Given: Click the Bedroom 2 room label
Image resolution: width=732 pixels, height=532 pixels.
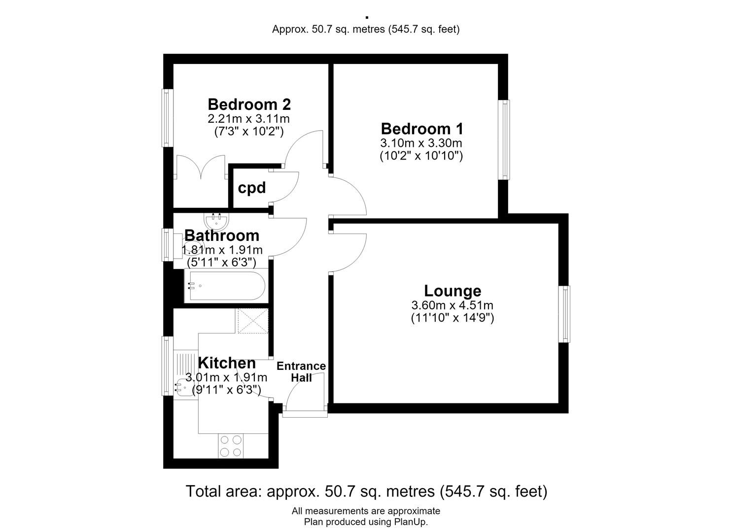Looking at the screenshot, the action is tap(249, 104).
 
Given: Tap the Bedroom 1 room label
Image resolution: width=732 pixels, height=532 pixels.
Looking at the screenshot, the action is tap(422, 129).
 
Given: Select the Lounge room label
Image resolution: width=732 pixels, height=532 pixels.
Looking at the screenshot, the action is tap(453, 291).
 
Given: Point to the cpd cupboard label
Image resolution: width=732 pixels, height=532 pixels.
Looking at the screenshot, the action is tap(251, 188).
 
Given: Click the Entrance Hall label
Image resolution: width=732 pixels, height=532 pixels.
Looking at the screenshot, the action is tap(301, 372).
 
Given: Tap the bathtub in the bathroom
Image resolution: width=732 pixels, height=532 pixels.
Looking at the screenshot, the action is tap(226, 286).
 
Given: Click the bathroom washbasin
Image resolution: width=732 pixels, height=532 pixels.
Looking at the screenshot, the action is tap(216, 221).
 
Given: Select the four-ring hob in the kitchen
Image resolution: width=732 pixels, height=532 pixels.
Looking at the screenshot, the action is tap(231, 446).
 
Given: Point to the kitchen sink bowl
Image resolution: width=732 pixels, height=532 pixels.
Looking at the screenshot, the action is tap(185, 388).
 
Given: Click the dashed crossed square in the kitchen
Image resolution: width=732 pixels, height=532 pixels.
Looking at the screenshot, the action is tap(253, 321).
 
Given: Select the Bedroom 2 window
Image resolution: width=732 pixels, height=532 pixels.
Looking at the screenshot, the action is tap(167, 118).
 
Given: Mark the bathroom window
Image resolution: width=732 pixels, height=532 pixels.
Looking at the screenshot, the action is tap(167, 245).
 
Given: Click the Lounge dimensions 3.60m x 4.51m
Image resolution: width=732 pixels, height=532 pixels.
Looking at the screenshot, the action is tap(453, 305).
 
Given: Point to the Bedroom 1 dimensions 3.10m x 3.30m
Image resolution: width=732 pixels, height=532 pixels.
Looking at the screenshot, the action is tap(421, 143).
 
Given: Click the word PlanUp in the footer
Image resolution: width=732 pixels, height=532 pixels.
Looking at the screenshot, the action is tap(410, 522).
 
